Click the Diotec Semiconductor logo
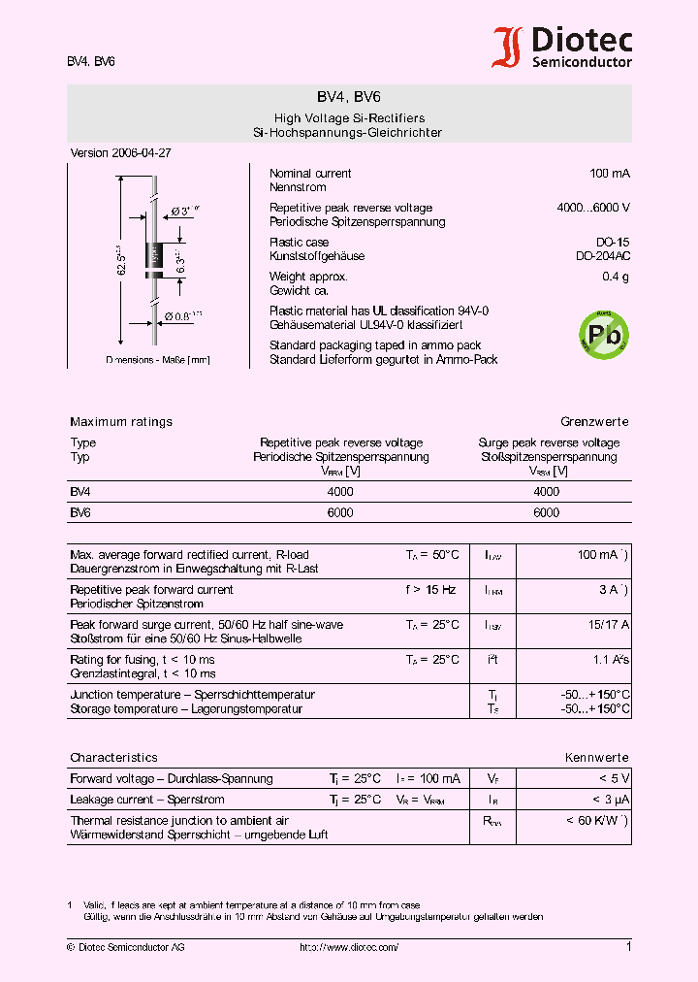click(562, 49)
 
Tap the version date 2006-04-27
click(142, 153)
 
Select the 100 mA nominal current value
click(610, 174)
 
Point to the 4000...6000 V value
click(593, 208)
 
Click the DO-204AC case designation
click(602, 256)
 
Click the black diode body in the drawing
click(153, 257)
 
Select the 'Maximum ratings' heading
click(121, 422)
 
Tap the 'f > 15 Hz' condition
click(431, 590)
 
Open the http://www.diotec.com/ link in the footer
click(349, 947)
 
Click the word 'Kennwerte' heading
click(597, 758)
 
